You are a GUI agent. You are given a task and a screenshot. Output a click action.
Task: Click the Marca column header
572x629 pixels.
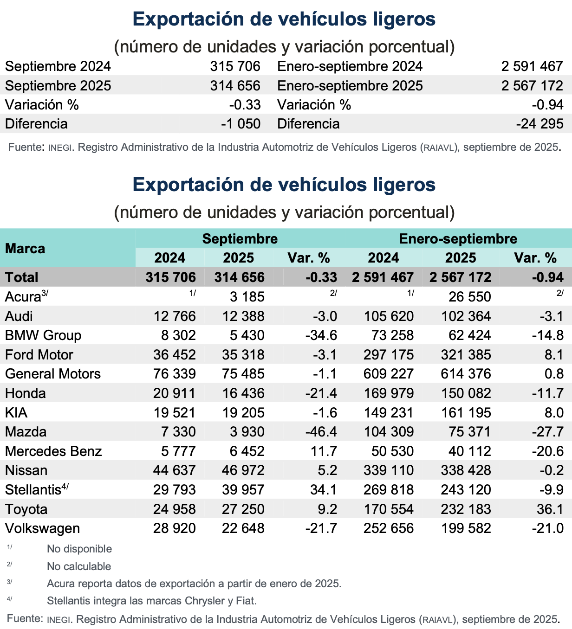pyautogui.click(x=26, y=249)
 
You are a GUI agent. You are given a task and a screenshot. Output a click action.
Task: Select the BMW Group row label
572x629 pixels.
pyautogui.click(x=43, y=335)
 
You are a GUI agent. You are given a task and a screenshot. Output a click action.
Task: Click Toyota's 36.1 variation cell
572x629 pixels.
pyautogui.click(x=550, y=509)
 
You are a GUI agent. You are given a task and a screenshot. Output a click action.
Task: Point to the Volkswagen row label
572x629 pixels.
pyautogui.click(x=42, y=528)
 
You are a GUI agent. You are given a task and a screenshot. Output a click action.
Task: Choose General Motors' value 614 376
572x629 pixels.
pyautogui.click(x=466, y=374)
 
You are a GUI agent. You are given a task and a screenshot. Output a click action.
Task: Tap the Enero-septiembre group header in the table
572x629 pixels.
pyautogui.click(x=458, y=239)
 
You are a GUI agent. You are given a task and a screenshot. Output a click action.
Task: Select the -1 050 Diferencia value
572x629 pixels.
pyautogui.click(x=240, y=124)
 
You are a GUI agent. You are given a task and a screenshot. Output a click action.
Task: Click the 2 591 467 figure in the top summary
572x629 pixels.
pyautogui.click(x=532, y=66)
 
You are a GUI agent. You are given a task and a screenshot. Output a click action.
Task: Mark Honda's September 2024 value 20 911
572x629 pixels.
pyautogui.click(x=175, y=393)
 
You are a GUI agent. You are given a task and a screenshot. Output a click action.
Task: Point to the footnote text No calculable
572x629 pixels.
pyautogui.click(x=79, y=566)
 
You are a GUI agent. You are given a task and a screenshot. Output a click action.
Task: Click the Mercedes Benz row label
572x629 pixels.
pyautogui.click(x=53, y=451)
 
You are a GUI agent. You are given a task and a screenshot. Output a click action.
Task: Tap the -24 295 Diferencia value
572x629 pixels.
pyautogui.click(x=539, y=124)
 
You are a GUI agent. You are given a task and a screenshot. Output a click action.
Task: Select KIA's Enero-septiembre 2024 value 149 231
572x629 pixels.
pyautogui.click(x=389, y=413)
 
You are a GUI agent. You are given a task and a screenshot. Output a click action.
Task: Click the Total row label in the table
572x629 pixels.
pyautogui.click(x=22, y=277)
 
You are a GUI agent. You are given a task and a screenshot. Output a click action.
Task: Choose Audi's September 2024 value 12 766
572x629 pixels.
pyautogui.click(x=175, y=316)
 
